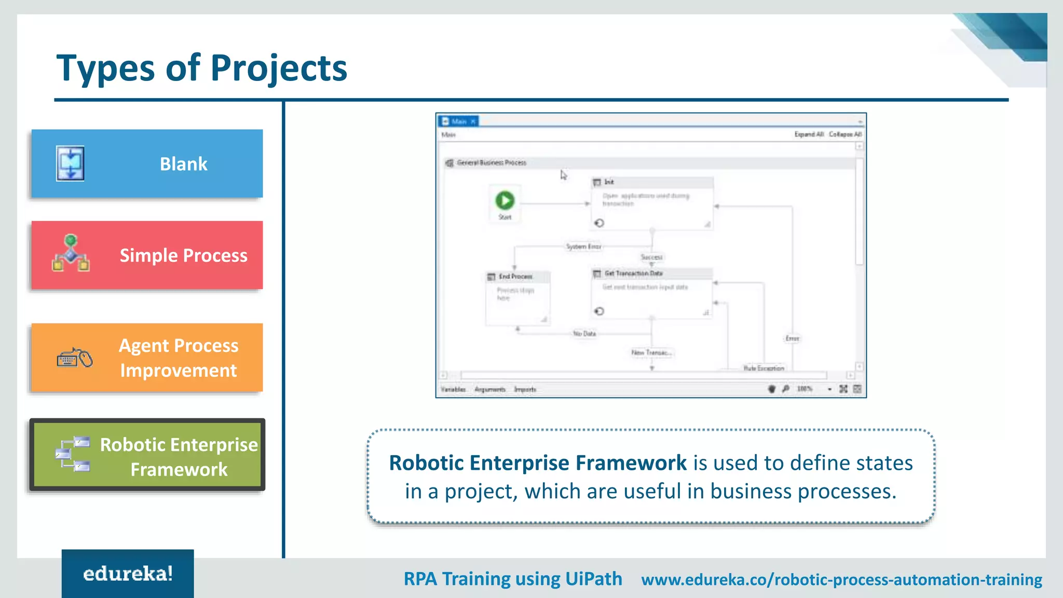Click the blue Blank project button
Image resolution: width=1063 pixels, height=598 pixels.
point(147,164)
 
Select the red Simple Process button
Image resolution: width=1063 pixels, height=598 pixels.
point(147,255)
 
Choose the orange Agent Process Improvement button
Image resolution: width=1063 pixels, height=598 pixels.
point(147,358)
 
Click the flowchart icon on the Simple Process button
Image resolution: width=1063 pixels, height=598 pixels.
point(71,253)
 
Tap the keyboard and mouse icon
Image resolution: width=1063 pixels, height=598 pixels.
point(75,358)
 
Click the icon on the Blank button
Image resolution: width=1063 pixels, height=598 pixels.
point(70,164)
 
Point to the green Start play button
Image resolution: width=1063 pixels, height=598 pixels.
point(505,200)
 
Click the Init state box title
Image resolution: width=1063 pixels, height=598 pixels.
point(609,182)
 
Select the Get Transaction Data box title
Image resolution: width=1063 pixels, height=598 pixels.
point(633,274)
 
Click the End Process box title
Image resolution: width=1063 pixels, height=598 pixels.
point(515,277)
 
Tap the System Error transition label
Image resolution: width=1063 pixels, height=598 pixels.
point(583,247)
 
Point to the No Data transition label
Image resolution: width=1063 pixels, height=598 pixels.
point(584,334)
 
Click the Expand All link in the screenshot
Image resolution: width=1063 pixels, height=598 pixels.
point(809,134)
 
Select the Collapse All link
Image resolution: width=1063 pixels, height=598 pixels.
point(845,134)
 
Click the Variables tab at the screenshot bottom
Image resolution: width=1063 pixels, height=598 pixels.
point(453,389)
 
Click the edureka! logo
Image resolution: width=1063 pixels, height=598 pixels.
point(128,574)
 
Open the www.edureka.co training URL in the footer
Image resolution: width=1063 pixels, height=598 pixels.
point(841,579)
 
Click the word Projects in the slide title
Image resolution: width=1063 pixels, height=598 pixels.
point(279,68)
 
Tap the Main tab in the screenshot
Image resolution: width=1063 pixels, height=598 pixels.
point(459,121)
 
